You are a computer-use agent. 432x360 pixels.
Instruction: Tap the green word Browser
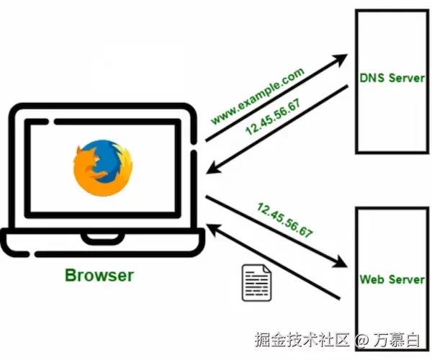99,274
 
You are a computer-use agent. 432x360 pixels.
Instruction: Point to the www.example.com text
257,96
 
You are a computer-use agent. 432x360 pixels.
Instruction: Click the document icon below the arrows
256,282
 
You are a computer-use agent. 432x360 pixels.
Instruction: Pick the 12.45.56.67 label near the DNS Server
273,117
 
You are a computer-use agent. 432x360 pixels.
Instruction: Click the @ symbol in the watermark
361,339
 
